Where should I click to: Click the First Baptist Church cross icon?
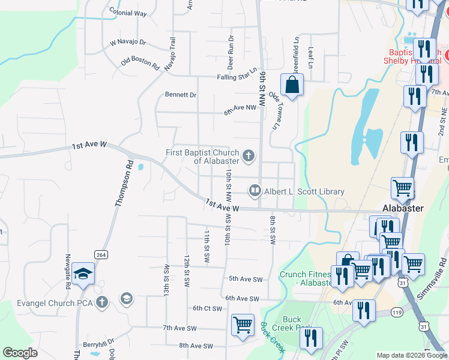coord(249,157)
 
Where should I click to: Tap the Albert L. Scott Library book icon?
coord(255,191)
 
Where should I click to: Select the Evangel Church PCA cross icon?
coord(103,302)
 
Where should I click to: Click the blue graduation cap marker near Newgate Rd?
coord(83,275)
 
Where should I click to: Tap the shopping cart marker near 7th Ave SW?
coord(243,325)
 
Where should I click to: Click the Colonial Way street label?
coord(128,13)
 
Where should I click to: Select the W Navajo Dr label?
coord(128,43)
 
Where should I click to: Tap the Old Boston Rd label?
coord(139,61)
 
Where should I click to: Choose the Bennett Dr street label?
coord(181,95)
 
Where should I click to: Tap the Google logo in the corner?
coord(20,353)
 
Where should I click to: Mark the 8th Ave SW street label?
coord(196,346)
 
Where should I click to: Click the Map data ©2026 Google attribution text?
coord(412,355)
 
